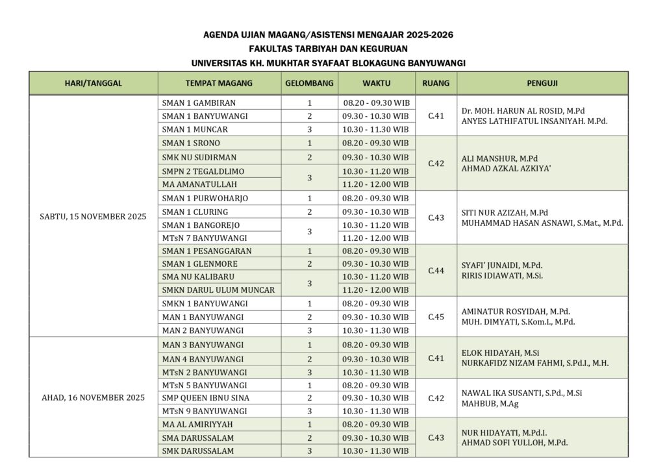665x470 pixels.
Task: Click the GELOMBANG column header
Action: pyautogui.click(x=310, y=83)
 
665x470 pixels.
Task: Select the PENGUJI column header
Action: pyautogui.click(x=542, y=83)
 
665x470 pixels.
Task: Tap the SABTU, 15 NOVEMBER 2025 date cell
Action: pyautogui.click(x=93, y=217)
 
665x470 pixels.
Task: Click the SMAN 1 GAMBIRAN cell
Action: pyautogui.click(x=199, y=103)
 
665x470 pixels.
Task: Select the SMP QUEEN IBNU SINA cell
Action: pyautogui.click(x=206, y=398)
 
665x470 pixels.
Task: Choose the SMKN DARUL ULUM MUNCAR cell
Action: pyautogui.click(x=218, y=290)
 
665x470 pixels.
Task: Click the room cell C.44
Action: pyautogui.click(x=436, y=270)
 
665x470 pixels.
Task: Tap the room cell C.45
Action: pyautogui.click(x=436, y=317)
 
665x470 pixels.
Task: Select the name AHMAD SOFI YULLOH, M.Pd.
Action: pyautogui.click(x=514, y=443)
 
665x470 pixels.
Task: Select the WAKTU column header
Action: pyautogui.click(x=377, y=83)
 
